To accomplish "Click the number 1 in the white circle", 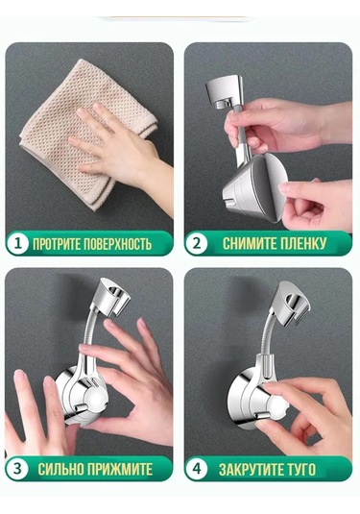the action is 17,244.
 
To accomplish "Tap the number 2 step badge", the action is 196,244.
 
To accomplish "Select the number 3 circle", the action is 17,469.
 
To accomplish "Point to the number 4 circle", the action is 197,469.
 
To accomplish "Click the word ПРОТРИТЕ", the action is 57,244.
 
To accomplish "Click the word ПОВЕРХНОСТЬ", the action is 118,244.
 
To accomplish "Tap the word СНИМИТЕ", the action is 246,244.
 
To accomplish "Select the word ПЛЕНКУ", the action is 300,244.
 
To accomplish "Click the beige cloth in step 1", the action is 65,109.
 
